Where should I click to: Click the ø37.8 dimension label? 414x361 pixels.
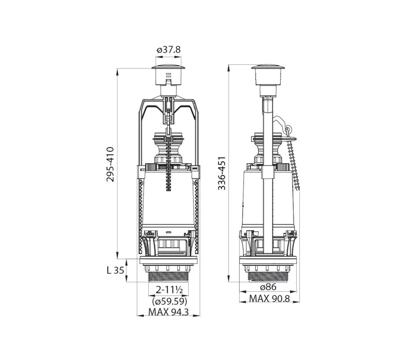[x=168, y=50]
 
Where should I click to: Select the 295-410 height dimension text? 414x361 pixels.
[x=110, y=164]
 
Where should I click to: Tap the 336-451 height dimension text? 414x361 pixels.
[x=222, y=173]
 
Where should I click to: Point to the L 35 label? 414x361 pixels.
[x=115, y=270]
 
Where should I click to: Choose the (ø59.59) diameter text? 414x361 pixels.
[x=170, y=301]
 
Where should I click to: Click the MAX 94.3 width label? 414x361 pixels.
[x=168, y=312]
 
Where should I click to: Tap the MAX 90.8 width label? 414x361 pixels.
[x=270, y=298]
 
